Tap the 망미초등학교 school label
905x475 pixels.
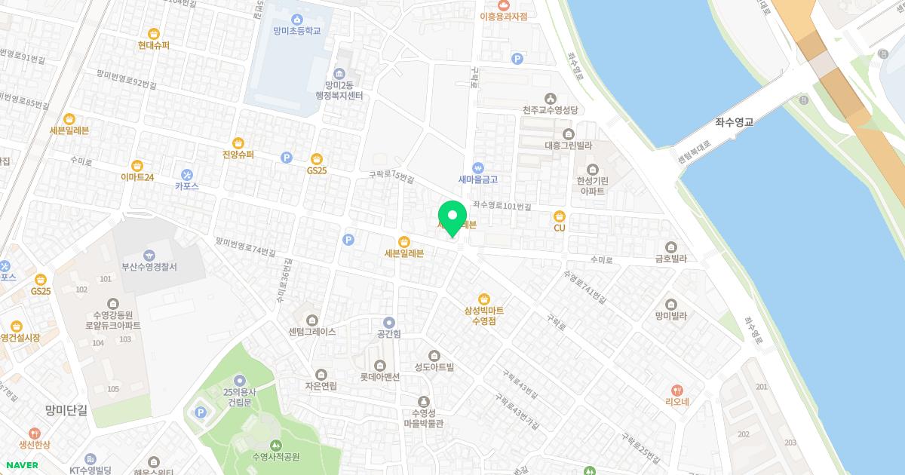(x=297, y=31)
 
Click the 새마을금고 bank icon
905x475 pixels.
(x=477, y=167)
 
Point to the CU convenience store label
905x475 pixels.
(x=559, y=228)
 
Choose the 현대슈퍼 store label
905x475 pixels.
(x=153, y=45)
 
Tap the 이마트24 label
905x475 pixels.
(x=137, y=177)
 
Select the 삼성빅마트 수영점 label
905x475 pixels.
(x=483, y=315)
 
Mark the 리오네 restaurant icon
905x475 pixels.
(x=677, y=390)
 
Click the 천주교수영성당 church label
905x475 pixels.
(x=551, y=110)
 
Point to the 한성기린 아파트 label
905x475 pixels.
(x=592, y=185)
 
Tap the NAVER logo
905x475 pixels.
(x=22, y=465)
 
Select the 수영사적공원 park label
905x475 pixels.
(x=276, y=457)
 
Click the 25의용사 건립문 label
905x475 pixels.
(x=239, y=397)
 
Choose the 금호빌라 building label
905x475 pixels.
(x=670, y=259)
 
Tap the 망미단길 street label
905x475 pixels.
(x=66, y=410)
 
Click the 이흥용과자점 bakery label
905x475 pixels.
(x=503, y=16)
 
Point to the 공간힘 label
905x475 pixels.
(x=388, y=334)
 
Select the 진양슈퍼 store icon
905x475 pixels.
(x=238, y=142)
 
